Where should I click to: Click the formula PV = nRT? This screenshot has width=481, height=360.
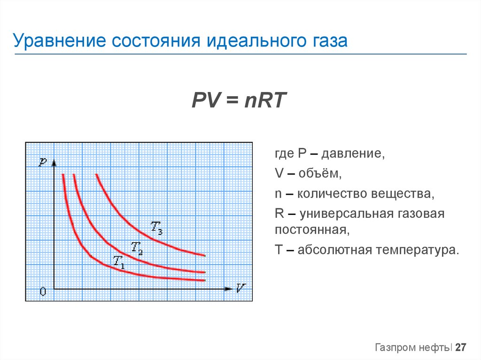[239, 101]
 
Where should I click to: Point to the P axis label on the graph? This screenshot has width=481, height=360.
[43, 162]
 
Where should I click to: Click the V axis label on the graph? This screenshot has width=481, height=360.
[241, 288]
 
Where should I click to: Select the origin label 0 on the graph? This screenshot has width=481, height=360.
[43, 292]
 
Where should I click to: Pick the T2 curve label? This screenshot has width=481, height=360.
[137, 247]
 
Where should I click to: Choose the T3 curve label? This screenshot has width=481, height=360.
[156, 227]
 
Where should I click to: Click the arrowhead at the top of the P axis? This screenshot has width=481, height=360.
[54, 163]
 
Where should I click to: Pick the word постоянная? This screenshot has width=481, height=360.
[311, 230]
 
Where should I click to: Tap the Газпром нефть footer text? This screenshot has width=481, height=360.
[412, 348]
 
